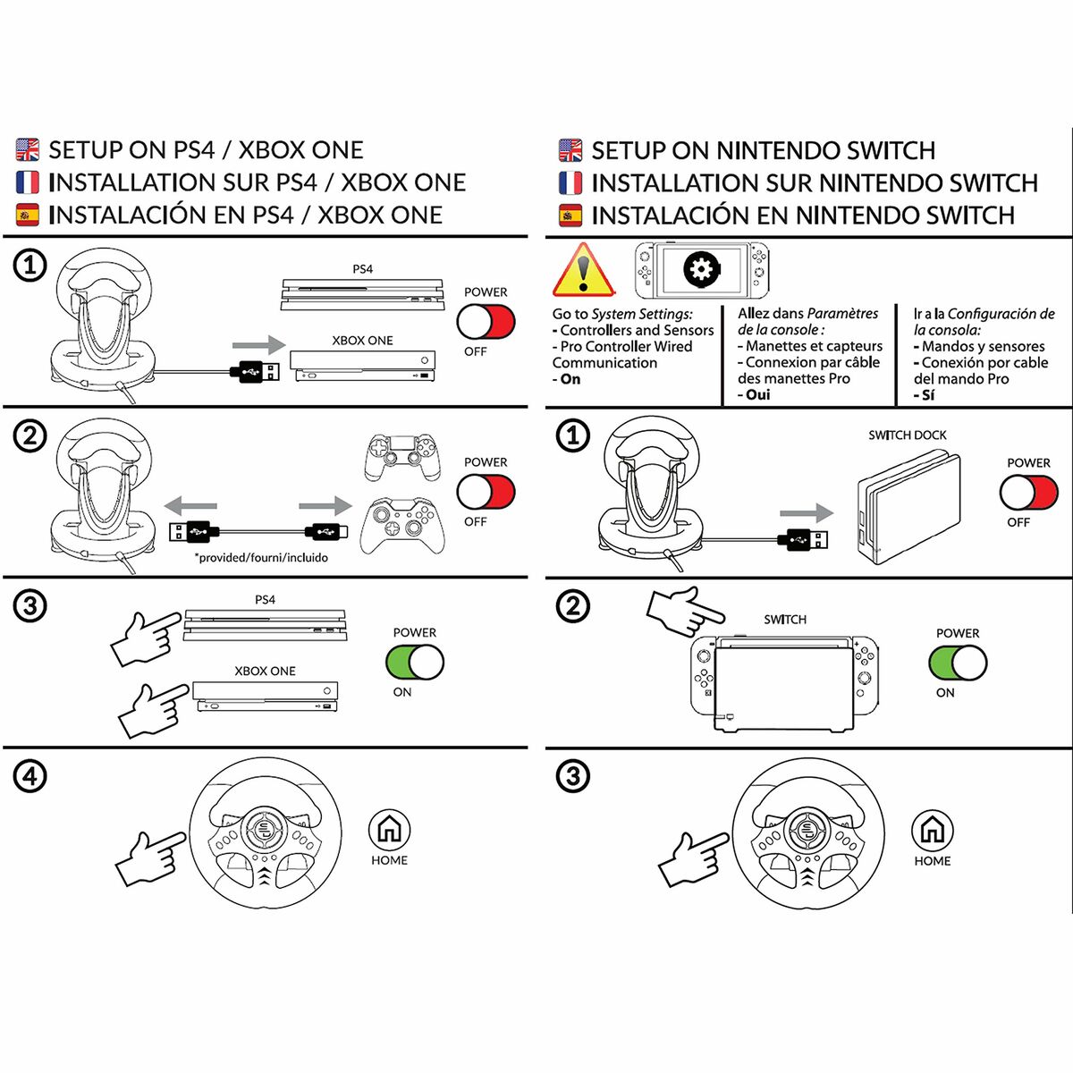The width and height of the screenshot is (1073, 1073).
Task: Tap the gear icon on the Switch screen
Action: click(702, 269)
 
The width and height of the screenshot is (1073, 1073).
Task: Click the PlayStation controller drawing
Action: click(401, 457)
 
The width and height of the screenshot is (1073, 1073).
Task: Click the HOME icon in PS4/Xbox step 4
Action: click(389, 830)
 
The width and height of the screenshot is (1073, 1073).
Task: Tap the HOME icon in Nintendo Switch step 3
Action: click(932, 831)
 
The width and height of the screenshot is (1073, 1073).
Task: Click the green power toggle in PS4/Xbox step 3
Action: click(414, 663)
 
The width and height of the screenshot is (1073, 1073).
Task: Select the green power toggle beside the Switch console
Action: click(958, 663)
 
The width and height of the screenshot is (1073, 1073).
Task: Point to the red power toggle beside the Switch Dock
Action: click(1028, 493)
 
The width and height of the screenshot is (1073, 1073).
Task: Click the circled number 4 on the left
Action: click(30, 775)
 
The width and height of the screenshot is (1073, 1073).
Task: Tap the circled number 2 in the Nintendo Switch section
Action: click(573, 605)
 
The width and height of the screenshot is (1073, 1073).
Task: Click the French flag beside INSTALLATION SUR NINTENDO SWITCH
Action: click(570, 182)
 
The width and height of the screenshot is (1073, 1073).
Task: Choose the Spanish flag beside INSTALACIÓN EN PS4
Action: click(28, 215)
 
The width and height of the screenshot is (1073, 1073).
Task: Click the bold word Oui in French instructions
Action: click(757, 394)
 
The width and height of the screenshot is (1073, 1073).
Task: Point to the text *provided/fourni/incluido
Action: click(261, 557)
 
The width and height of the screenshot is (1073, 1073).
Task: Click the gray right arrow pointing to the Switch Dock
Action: click(806, 513)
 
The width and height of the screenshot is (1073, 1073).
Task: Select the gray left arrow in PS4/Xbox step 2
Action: click(191, 505)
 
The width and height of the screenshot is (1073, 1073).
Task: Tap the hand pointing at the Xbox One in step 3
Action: click(153, 710)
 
